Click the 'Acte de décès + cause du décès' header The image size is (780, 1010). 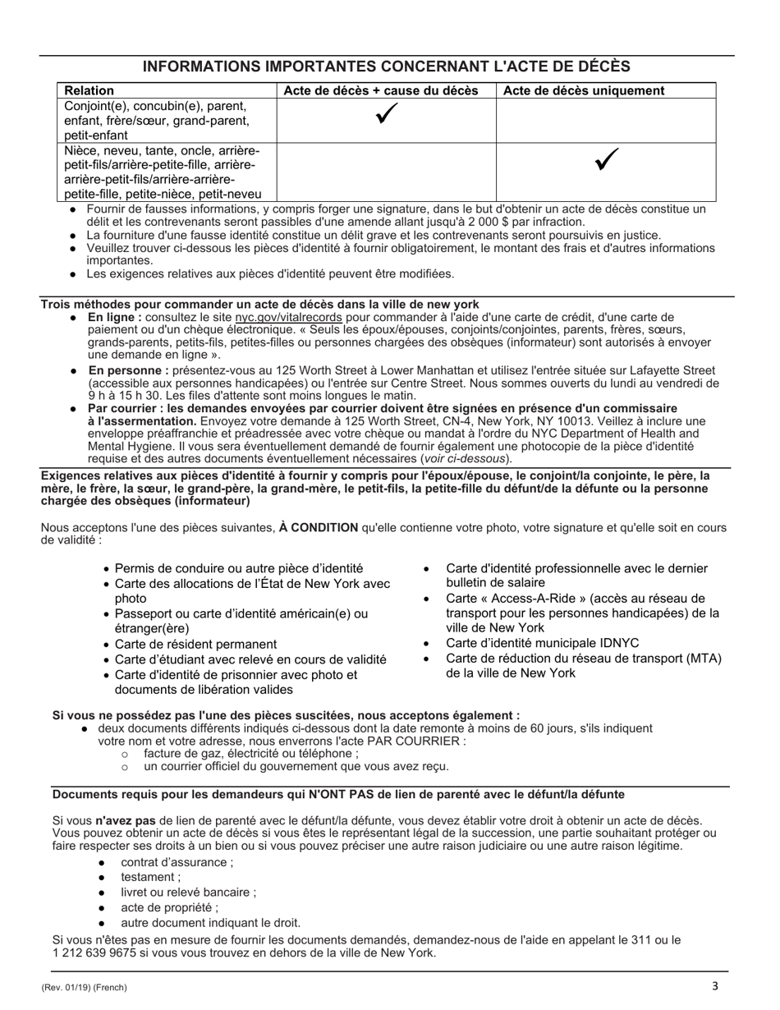pos(381,90)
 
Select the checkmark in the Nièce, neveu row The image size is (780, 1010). pos(606,162)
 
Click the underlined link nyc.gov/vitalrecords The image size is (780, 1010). pos(288,317)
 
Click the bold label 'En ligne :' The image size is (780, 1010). pos(115,317)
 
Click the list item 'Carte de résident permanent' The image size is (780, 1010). pos(195,644)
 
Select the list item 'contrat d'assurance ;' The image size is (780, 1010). pos(177,862)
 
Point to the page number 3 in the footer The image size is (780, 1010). pos(714,986)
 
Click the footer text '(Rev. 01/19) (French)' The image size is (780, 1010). pos(84,988)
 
